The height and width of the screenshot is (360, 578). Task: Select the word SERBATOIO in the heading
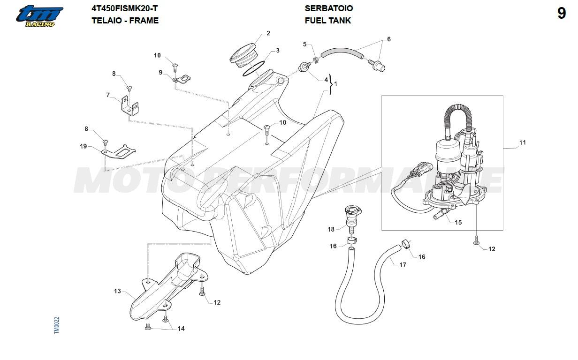(328, 8)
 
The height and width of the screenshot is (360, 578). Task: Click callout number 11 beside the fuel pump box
(523, 142)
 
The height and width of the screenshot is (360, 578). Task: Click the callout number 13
(117, 291)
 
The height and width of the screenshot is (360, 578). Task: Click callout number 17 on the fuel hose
(403, 265)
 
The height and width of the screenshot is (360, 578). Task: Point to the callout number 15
(458, 222)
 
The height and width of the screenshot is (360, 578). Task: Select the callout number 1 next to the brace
(335, 83)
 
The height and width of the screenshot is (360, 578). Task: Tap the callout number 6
(388, 39)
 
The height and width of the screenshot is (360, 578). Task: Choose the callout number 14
(181, 329)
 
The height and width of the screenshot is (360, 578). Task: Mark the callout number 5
(304, 44)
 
